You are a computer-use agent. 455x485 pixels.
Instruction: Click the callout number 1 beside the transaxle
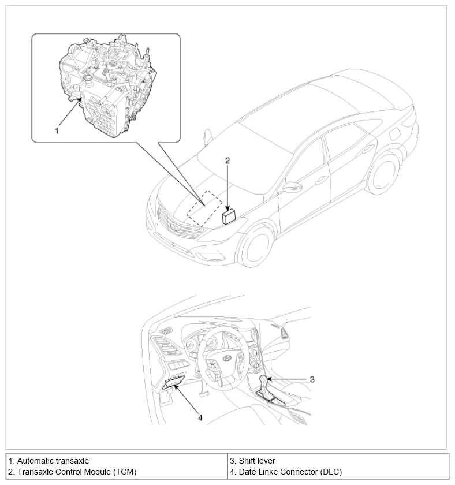[x=57, y=131]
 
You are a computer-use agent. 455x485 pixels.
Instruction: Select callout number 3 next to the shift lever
[x=312, y=379]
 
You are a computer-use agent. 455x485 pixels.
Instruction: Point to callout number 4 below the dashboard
[x=200, y=417]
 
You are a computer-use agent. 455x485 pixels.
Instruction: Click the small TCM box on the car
[x=230, y=217]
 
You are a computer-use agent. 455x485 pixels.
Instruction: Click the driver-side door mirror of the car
[x=292, y=186]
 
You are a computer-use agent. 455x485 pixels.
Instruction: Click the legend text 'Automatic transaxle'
[x=53, y=461]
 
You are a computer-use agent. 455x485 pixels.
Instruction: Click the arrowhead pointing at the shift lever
[x=270, y=379]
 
